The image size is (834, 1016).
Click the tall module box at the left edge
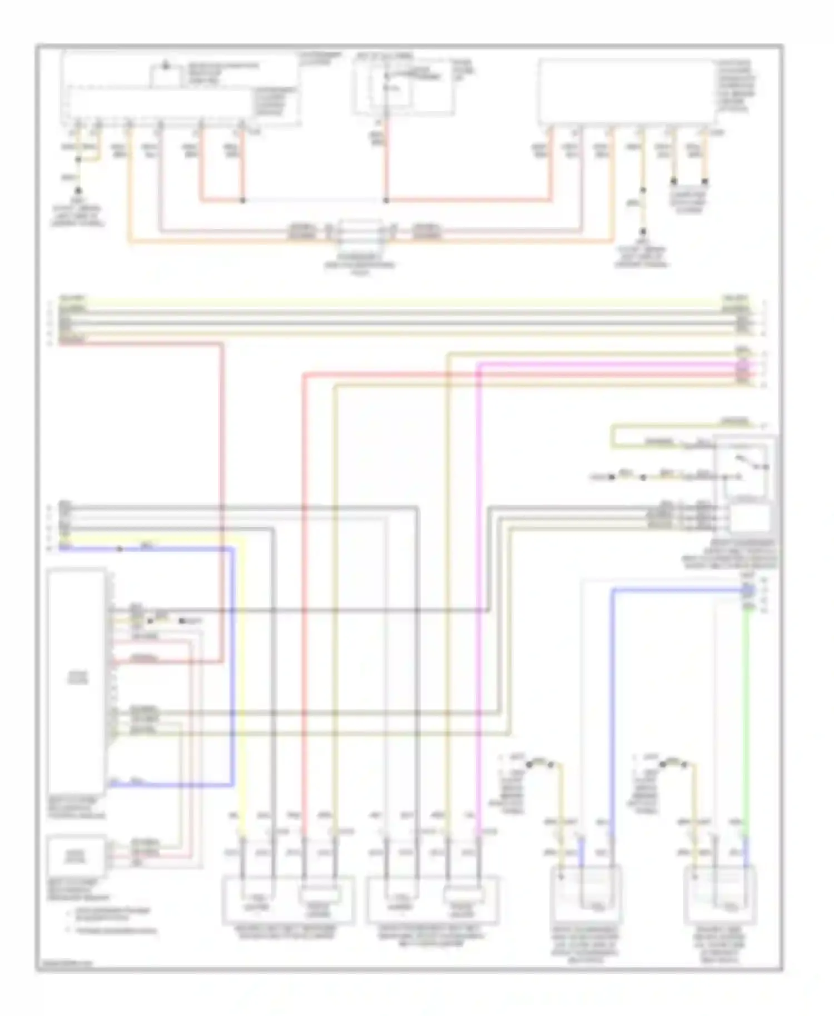point(77,681)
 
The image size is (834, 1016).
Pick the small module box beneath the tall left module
point(77,856)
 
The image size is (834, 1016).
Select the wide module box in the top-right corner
point(627,92)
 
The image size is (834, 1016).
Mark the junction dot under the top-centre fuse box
point(386,200)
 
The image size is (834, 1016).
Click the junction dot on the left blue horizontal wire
point(119,550)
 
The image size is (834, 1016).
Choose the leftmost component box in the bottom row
point(288,900)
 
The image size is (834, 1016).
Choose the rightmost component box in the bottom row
point(720,903)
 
